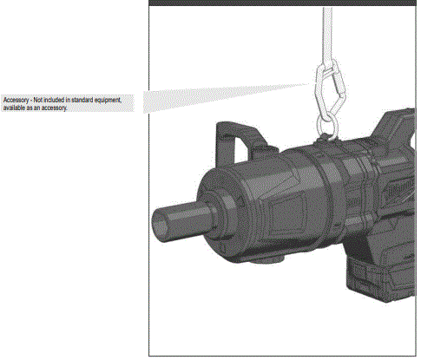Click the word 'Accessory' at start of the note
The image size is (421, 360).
tap(15, 101)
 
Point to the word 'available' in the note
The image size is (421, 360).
tap(15, 108)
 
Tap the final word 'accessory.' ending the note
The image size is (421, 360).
tap(54, 108)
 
